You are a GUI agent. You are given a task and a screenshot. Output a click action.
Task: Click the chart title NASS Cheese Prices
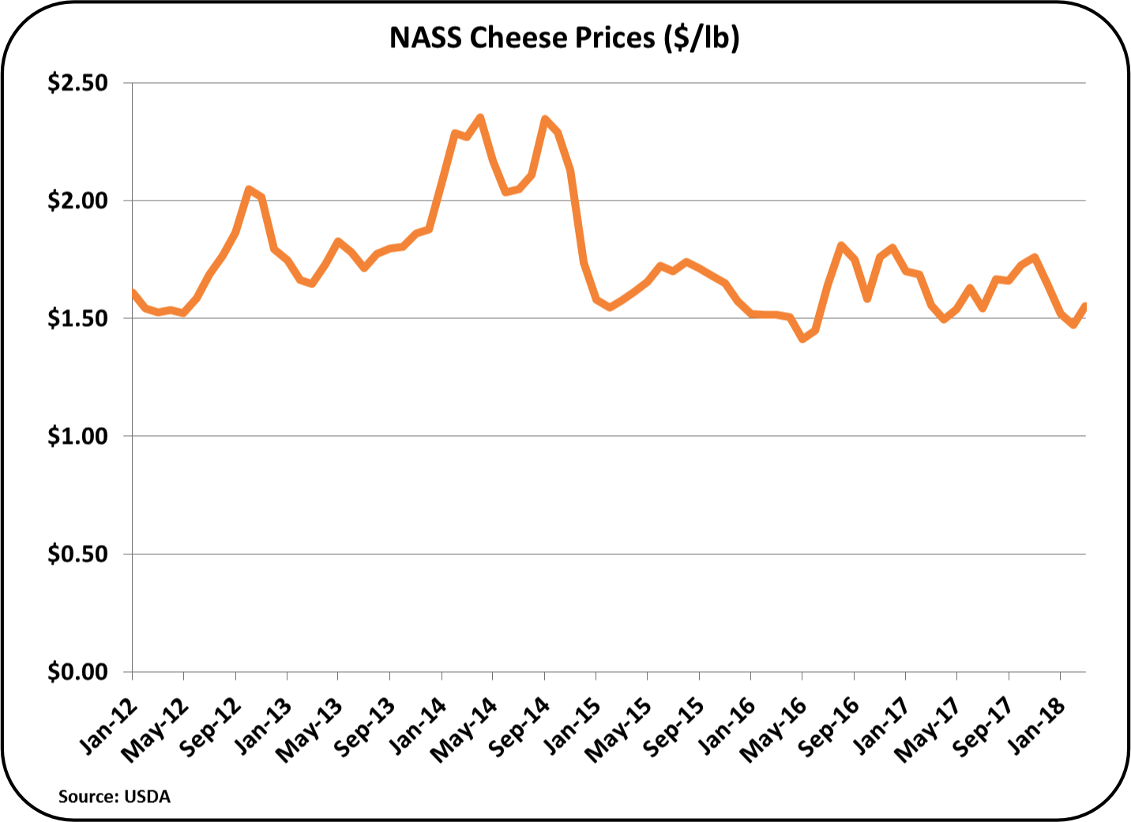pos(564,37)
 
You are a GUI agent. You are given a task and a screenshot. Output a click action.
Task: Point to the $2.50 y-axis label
pos(77,83)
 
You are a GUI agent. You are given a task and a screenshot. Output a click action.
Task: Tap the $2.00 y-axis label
pos(77,201)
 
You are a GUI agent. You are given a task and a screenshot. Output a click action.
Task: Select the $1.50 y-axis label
pos(77,318)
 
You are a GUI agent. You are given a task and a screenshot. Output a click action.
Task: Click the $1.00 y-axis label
pos(77,436)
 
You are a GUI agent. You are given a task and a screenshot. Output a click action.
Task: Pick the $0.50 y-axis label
pos(77,554)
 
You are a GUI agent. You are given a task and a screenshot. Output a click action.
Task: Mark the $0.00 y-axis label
pos(77,672)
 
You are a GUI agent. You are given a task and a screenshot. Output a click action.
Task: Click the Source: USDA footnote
pos(114,796)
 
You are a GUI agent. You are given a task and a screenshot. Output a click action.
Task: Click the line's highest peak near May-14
pos(480,118)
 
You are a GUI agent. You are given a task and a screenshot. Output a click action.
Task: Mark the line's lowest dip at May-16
pos(802,339)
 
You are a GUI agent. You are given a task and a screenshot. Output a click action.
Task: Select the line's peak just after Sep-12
pos(249,189)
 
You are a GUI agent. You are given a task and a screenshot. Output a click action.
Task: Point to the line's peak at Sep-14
pos(545,118)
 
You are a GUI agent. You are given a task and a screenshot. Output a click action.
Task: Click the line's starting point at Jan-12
pos(133,292)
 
